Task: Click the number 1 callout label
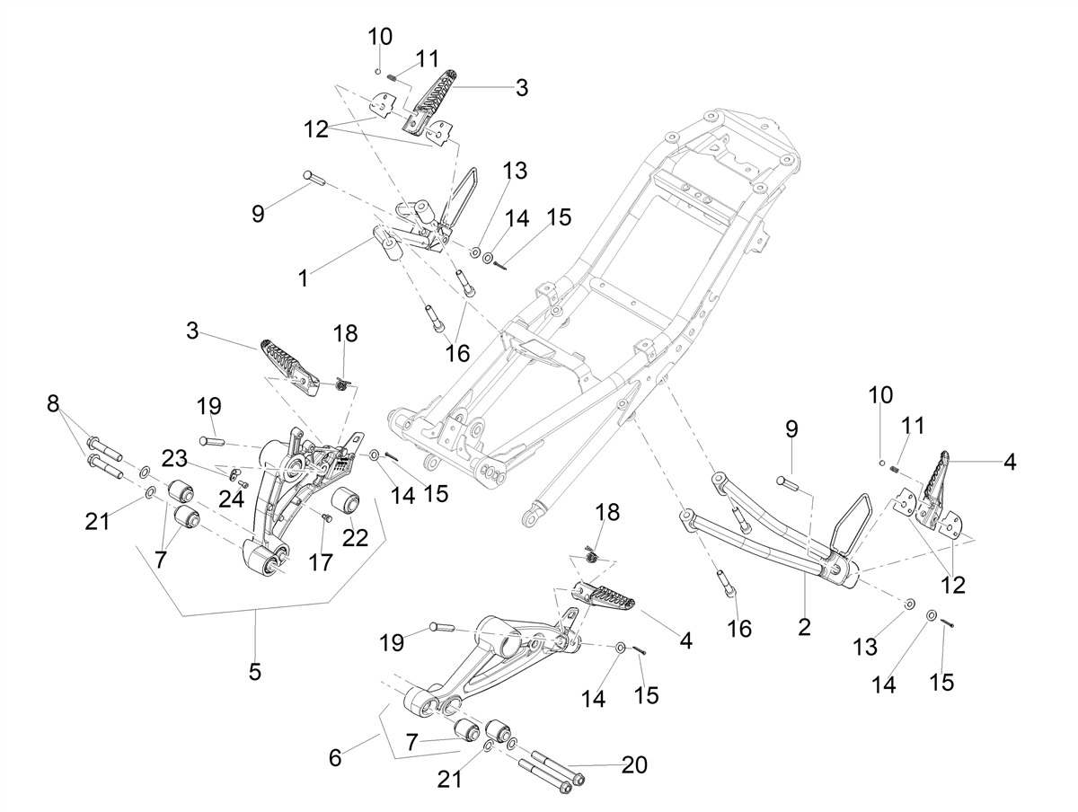303,278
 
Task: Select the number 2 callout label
804,627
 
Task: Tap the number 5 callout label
255,672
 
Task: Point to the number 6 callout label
335,758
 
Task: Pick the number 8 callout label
53,403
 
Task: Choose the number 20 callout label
634,765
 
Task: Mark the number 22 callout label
355,538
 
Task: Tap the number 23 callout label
175,458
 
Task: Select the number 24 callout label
231,499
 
